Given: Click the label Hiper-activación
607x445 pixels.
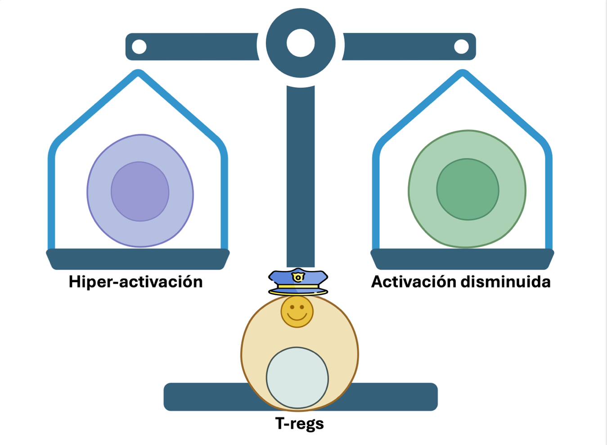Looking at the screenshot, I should [x=135, y=282].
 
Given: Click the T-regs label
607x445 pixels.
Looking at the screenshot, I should [x=299, y=423].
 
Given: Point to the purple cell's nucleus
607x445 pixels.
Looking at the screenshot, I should [x=140, y=191].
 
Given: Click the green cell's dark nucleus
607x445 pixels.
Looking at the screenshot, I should [x=468, y=189].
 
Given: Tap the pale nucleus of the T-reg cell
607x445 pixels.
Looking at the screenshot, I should [x=297, y=378].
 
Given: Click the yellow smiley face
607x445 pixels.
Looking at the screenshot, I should [x=297, y=311].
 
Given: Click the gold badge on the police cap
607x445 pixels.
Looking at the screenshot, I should [x=298, y=277].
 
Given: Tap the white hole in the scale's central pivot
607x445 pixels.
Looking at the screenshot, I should [x=301, y=43].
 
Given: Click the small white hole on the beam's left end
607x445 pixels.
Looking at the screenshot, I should [x=139, y=46].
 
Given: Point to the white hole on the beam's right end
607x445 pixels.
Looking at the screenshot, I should [x=461, y=46].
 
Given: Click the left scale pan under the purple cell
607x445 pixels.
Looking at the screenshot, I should [x=138, y=259].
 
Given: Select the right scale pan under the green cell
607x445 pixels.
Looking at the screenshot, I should [x=462, y=259].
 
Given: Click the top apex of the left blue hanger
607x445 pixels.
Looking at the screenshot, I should [x=138, y=73].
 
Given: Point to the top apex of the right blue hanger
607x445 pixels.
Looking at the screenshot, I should [x=462, y=73].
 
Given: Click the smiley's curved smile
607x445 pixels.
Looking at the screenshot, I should [x=297, y=316].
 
